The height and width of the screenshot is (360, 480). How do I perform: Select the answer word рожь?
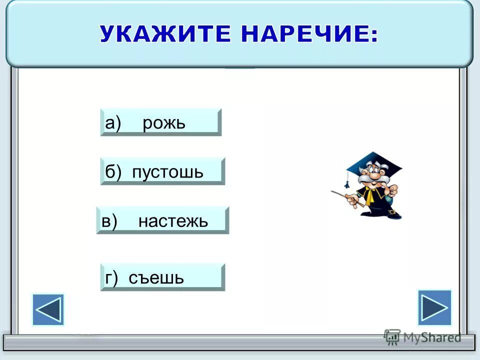pos(164,122)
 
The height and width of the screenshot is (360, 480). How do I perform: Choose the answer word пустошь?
pos(168,172)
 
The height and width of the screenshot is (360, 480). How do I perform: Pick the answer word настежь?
pos(173,220)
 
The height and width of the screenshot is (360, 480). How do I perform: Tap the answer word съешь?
pos(156,277)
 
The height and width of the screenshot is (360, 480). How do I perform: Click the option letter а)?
pos(113,122)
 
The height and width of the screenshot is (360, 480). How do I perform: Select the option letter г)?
pos(111,278)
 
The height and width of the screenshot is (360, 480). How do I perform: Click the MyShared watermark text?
pos(432,337)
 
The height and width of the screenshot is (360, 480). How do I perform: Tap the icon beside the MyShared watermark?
pos(392,337)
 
